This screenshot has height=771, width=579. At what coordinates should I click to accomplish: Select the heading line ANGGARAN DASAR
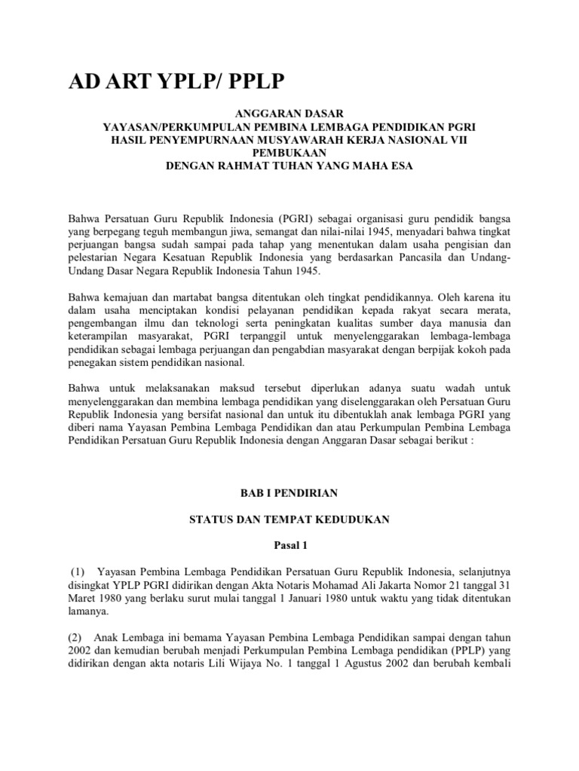point(289,113)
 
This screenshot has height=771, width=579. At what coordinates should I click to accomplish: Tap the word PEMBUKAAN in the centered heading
point(289,151)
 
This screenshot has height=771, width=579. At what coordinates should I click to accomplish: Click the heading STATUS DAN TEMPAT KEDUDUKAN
point(289,519)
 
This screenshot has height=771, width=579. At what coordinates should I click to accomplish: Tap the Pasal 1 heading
point(289,545)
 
